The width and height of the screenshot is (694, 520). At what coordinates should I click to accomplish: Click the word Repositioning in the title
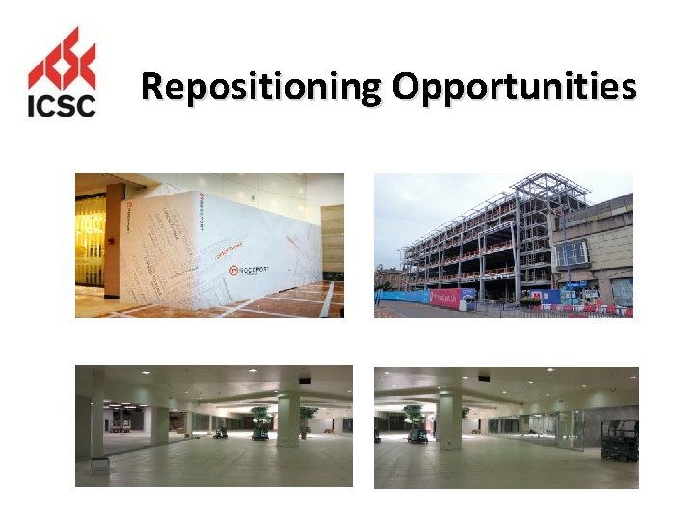(x=260, y=88)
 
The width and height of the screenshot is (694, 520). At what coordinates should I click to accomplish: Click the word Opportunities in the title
(x=514, y=88)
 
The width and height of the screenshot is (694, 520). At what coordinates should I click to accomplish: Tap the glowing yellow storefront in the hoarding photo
(x=90, y=241)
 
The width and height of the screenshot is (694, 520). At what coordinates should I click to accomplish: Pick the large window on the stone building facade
(x=573, y=253)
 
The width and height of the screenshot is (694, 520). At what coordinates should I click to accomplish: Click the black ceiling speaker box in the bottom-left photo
(x=305, y=379)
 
